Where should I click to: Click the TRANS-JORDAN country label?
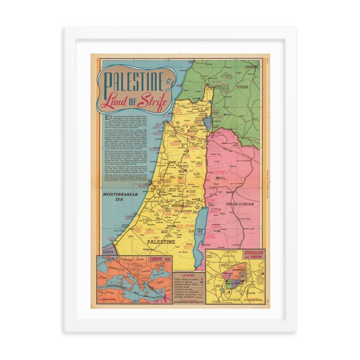tap(240, 204)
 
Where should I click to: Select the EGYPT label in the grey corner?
tap(108, 252)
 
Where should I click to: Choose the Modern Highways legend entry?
tap(184, 297)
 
